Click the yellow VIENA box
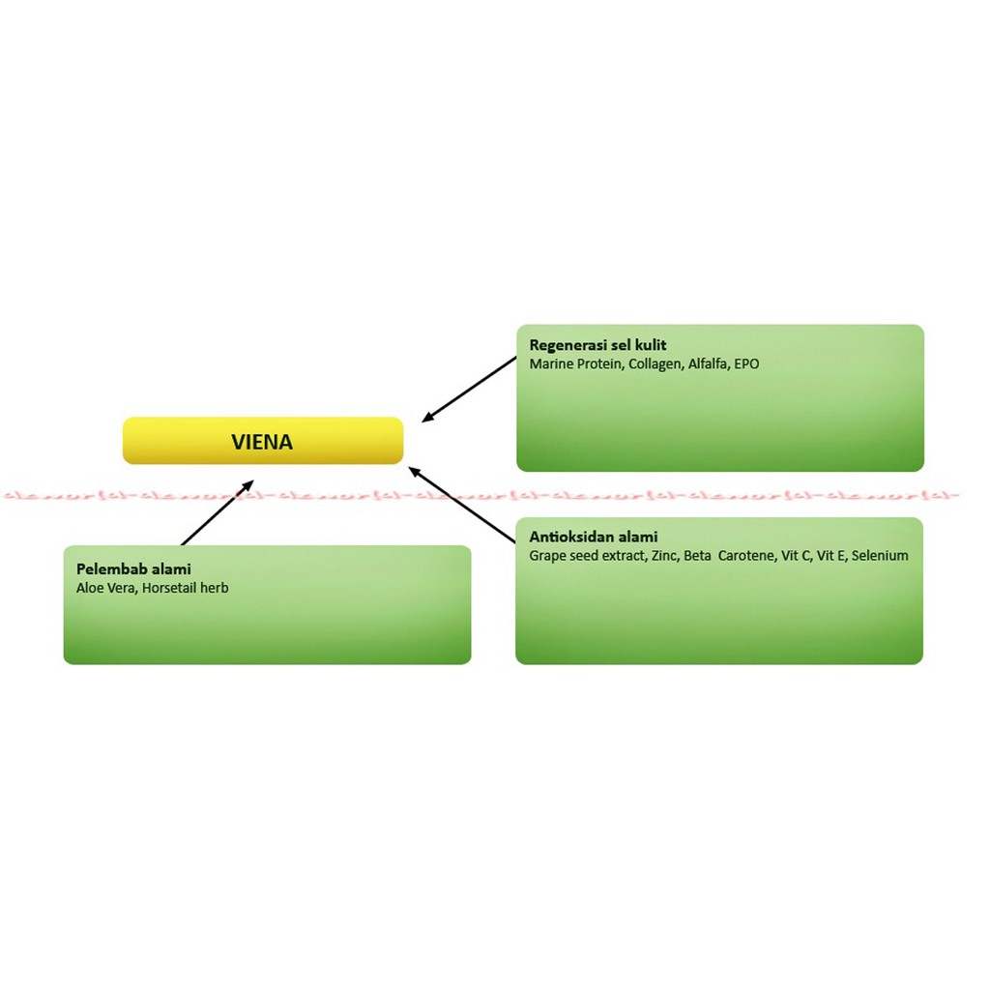point(262,441)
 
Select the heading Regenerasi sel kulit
point(597,345)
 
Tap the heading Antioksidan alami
point(593,537)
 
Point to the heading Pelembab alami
point(133,568)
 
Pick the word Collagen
point(655,364)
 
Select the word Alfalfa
point(709,364)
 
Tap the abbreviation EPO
point(746,364)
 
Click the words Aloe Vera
point(105,588)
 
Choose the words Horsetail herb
point(185,588)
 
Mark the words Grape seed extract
point(585,556)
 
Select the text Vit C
point(796,556)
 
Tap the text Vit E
point(831,556)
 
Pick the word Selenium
point(880,556)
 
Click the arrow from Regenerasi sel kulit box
point(470,390)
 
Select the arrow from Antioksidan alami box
point(461,504)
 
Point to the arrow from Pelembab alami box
point(217,512)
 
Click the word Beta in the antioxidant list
point(697,556)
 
